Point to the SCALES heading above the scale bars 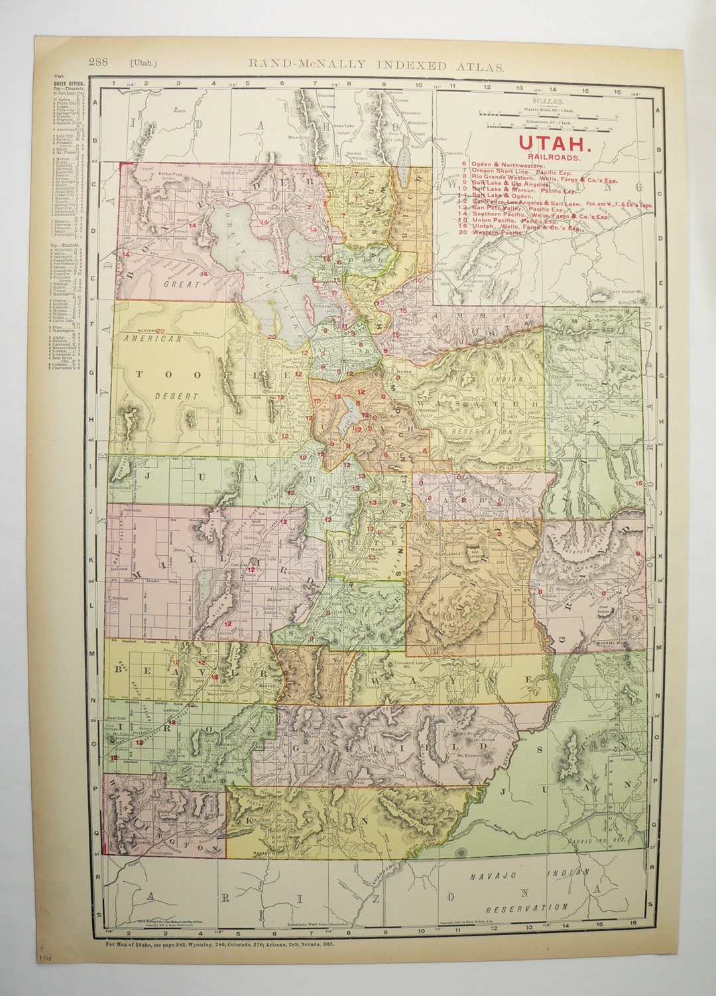(550, 101)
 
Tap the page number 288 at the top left (99, 63)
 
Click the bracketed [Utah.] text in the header (144, 64)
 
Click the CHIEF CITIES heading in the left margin (68, 85)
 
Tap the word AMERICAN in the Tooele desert (152, 338)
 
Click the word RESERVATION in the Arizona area (526, 908)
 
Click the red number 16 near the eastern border (638, 483)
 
